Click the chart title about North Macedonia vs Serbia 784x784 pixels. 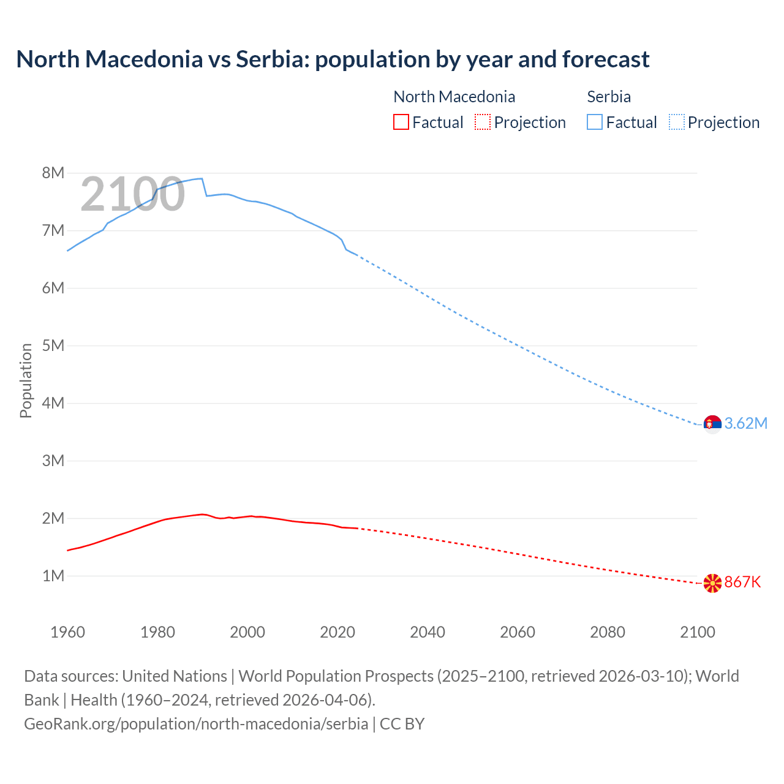click(333, 59)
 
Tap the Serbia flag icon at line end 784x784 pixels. click(712, 423)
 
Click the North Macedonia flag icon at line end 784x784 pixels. click(712, 582)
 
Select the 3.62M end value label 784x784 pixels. click(745, 424)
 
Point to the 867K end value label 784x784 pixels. click(742, 582)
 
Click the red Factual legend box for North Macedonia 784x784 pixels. click(401, 123)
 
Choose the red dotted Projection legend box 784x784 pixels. click(483, 123)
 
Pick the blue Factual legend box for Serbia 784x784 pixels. click(595, 123)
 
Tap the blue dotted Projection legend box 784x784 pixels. click(676, 123)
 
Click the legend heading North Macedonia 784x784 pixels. click(454, 97)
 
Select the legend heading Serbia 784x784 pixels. click(609, 97)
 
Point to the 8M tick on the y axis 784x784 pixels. click(53, 173)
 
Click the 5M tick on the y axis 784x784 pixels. click(53, 345)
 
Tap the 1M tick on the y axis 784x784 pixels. click(53, 576)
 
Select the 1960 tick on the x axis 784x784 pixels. click(67, 632)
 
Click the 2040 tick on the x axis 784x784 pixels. click(428, 632)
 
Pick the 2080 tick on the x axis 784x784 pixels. click(608, 632)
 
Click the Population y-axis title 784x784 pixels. click(26, 380)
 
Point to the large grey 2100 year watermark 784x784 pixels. click(132, 194)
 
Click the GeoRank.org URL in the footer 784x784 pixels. click(196, 724)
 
